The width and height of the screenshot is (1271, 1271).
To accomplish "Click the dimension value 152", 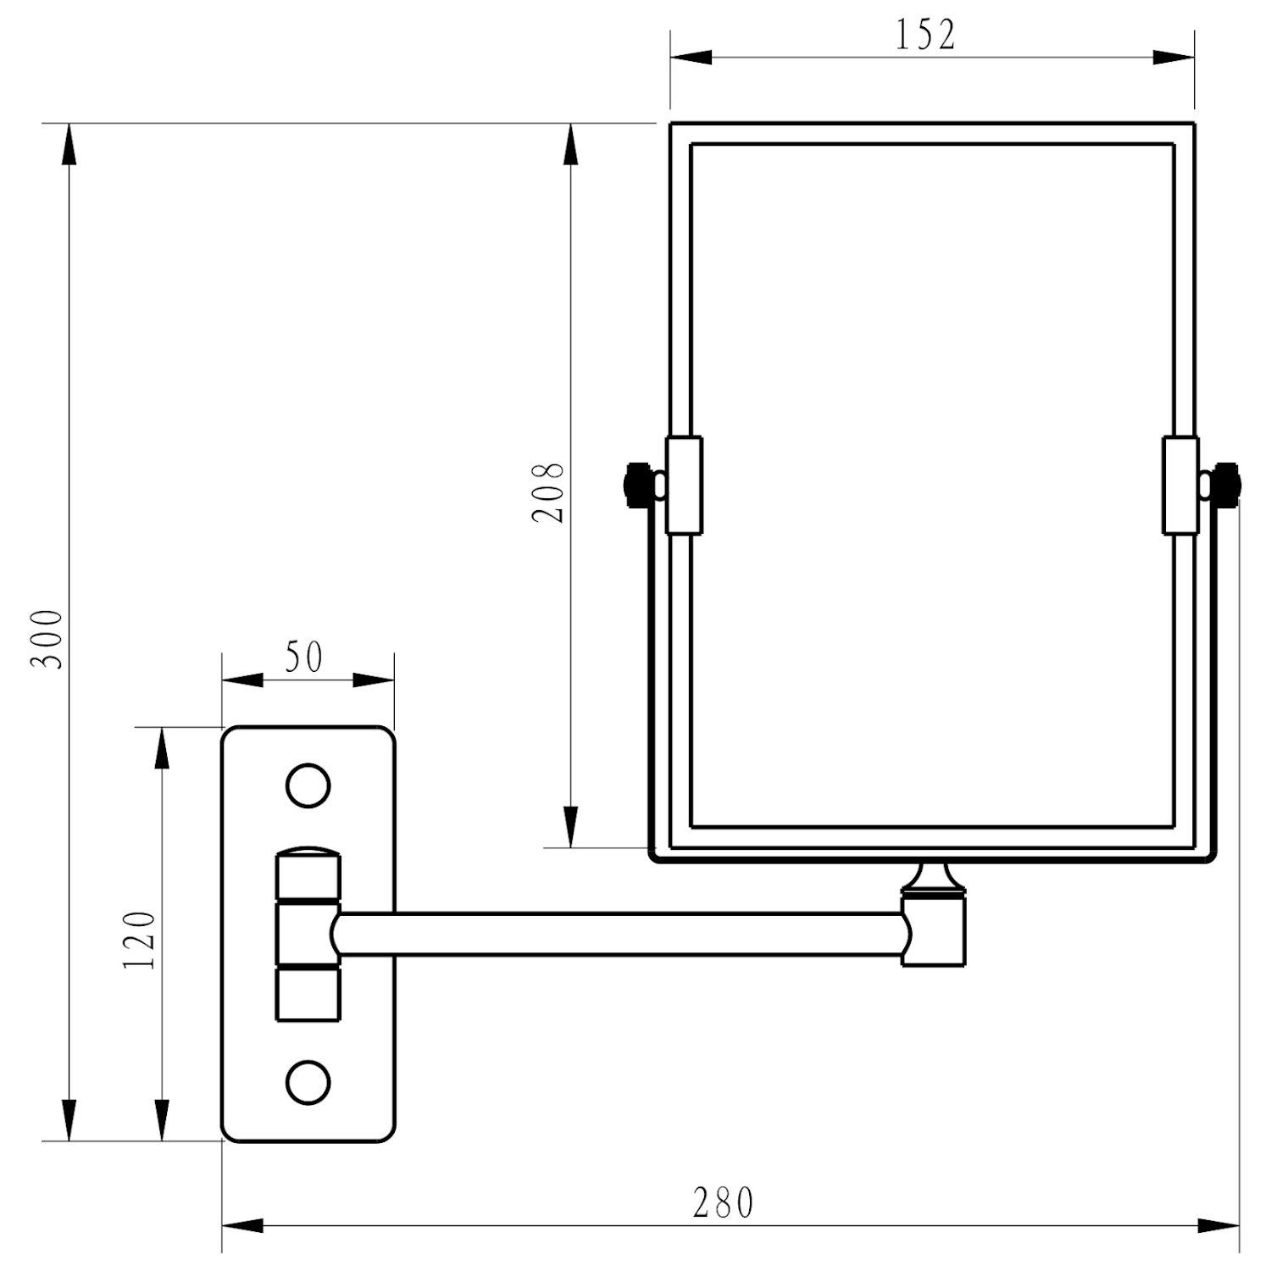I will (x=925, y=36).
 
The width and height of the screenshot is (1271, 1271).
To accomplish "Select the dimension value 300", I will (x=47, y=639).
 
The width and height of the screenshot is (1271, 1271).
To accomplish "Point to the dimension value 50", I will (x=303, y=658).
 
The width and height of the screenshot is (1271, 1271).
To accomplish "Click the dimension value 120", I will (x=140, y=941).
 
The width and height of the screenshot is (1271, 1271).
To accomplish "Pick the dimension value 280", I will (x=722, y=1202).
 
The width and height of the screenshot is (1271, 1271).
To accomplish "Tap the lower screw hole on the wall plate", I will (x=308, y=1081).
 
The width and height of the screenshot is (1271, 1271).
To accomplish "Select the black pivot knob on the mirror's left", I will (x=635, y=485).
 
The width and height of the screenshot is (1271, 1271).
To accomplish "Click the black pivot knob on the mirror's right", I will (x=1226, y=485).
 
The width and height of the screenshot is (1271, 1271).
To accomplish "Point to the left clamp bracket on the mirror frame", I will (x=684, y=486).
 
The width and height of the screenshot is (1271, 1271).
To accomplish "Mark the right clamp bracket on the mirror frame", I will (x=1180, y=486).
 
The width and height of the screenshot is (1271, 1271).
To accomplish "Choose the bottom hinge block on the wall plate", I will (x=308, y=994).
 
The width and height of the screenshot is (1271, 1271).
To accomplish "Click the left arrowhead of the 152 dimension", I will (x=690, y=57).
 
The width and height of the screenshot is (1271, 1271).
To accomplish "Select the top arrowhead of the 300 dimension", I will (x=69, y=144).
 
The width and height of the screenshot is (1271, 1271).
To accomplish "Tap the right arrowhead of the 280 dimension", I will (x=1220, y=1225).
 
